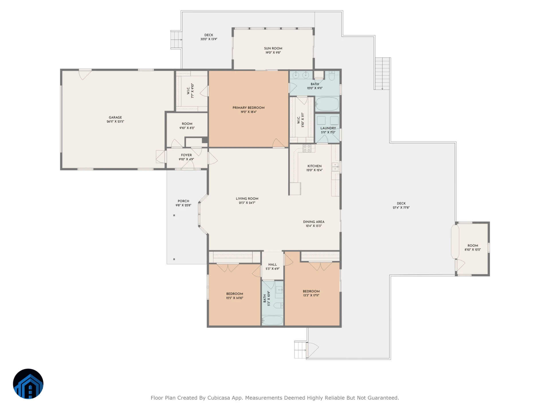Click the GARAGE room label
click(115, 117)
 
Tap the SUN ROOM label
click(273, 48)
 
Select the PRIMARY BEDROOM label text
click(248, 108)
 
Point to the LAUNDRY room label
click(328, 128)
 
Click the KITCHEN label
click(315, 166)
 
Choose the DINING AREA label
click(314, 222)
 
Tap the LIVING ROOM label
click(247, 199)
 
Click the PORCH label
click(183, 201)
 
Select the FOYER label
click(186, 155)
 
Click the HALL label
click(272, 265)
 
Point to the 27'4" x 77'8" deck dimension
click(401, 208)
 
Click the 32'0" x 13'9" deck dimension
click(209, 39)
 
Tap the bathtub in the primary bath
click(327, 104)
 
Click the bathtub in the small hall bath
click(272, 320)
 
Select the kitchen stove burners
click(307, 148)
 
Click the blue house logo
click(28, 384)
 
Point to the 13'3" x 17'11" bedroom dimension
click(311, 295)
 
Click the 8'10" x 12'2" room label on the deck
click(473, 250)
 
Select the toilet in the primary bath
click(332, 76)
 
